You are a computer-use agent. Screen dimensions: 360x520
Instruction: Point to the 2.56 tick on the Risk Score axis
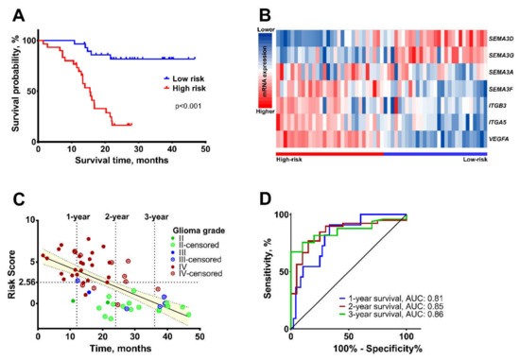tap(26, 282)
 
